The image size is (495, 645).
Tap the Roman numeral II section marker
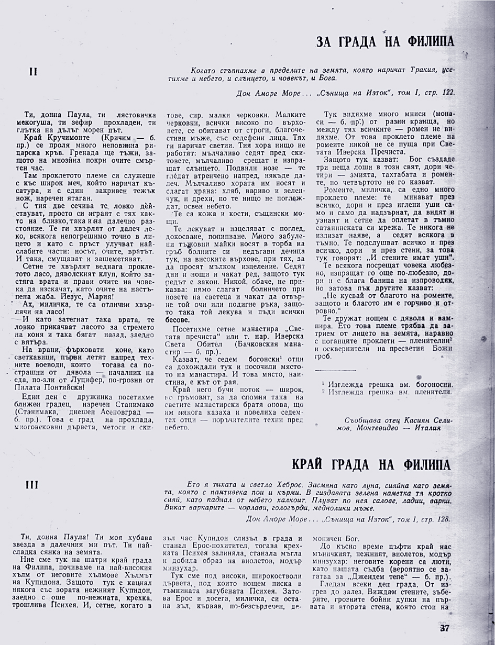coord(33,72)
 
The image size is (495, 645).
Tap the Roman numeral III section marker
coord(32,485)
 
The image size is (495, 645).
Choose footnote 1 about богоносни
coord(387,384)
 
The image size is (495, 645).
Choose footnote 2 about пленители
coord(387,392)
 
